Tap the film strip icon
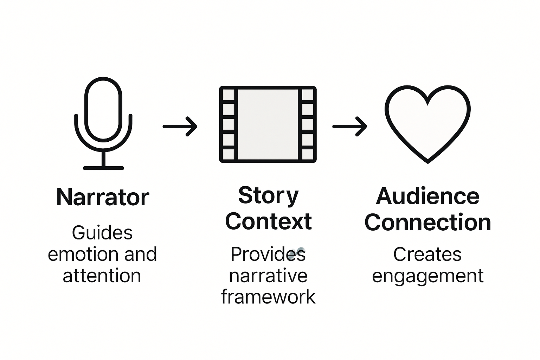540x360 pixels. coord(268,124)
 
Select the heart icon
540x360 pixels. coord(427,123)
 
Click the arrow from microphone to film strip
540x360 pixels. coord(180,126)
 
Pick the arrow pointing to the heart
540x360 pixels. coord(349,126)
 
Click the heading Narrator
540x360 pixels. coord(103,197)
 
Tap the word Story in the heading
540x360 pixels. coord(268,195)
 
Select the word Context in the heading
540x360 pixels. coord(268,221)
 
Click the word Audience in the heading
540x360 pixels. coord(427,196)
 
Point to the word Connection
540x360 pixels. coord(427,222)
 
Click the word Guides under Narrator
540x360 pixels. coord(102,233)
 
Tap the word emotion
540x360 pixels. coord(83,254)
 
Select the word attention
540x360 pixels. coord(102,276)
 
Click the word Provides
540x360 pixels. coord(268,254)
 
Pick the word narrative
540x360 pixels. coord(268,276)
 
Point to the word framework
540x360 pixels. coord(268,297)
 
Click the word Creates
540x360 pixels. coord(427,254)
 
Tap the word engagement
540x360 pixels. coord(427,276)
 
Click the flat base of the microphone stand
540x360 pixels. coord(103,168)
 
